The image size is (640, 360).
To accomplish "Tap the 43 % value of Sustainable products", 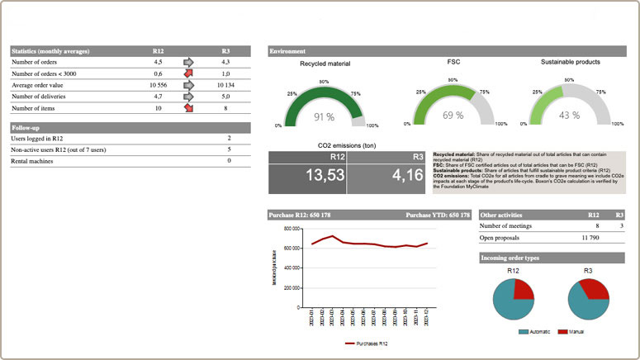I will click(570, 115).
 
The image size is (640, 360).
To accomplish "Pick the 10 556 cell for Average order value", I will click(159, 84).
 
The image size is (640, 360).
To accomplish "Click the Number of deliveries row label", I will click(44, 96).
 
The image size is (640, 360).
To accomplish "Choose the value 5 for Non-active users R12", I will click(229, 149).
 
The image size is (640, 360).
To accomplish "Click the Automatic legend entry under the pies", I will click(538, 331).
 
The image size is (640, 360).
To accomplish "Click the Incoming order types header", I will click(510, 258).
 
